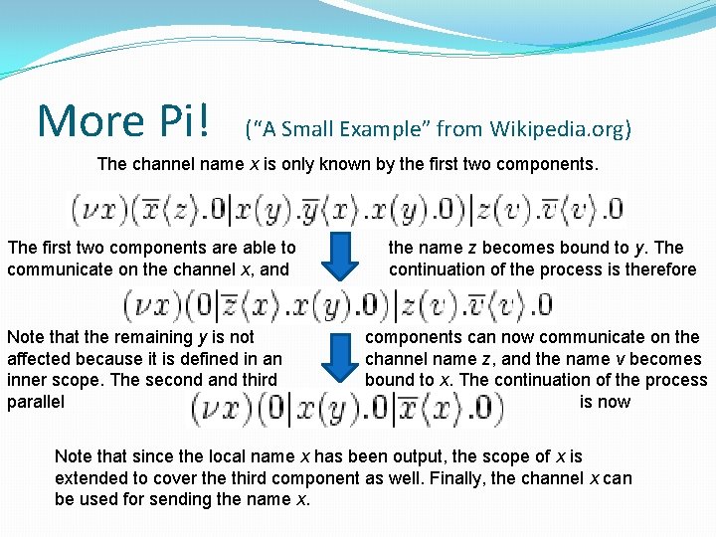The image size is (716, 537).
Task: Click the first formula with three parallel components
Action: (347, 209)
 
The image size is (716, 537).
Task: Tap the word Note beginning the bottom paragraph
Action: (74, 456)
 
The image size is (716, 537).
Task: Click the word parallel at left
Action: (36, 402)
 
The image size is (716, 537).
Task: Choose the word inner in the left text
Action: (27, 380)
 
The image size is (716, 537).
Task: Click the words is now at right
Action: (605, 402)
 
